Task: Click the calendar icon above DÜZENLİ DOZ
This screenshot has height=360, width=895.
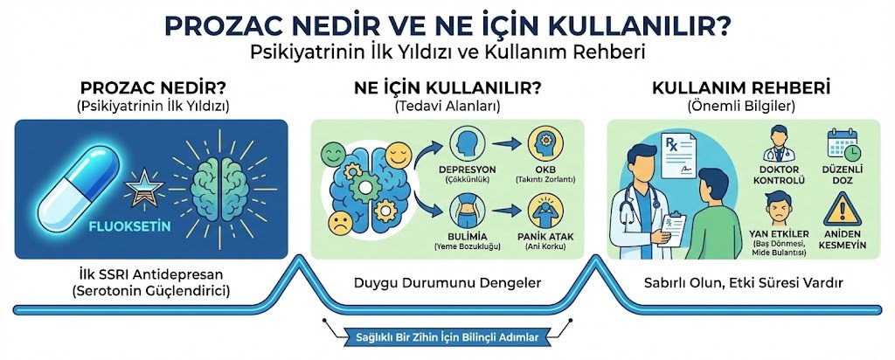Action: (843, 142)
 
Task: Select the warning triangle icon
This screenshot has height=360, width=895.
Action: (843, 209)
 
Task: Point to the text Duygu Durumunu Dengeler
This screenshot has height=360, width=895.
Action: (447, 283)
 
